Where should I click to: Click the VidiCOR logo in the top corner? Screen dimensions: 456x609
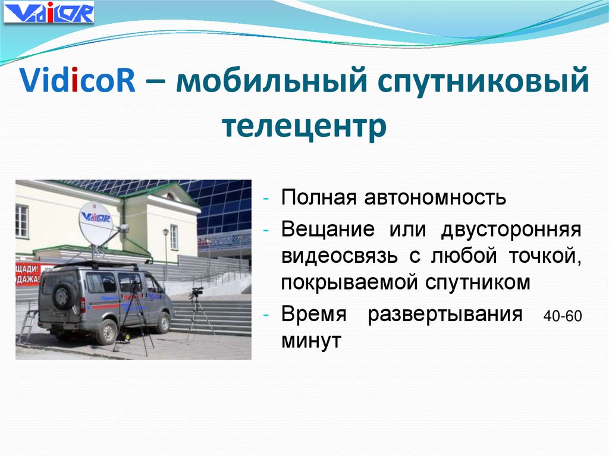coord(49,12)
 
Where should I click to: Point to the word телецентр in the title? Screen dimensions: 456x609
coord(303,126)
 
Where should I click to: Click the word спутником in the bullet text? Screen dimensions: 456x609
coord(477,283)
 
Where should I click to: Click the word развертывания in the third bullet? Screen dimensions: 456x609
coord(444,315)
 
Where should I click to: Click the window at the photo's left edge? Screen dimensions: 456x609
coord(21,221)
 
